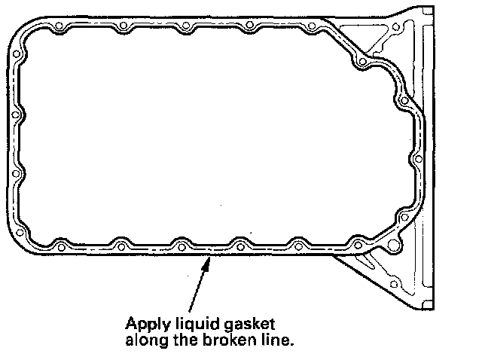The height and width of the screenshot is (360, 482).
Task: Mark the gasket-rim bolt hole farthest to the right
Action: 419,160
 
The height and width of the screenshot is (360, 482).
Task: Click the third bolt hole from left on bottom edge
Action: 180,243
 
